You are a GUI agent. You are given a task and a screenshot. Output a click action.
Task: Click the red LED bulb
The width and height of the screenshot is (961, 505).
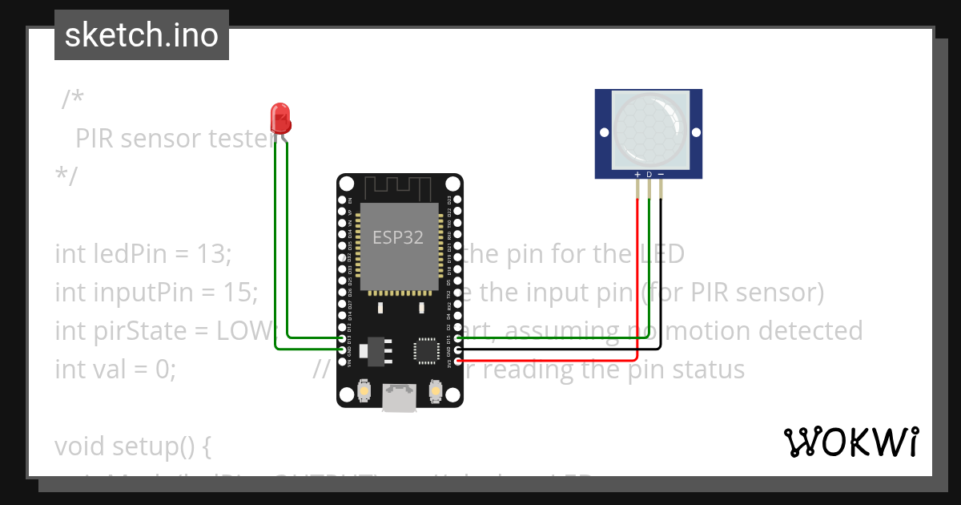click(280, 117)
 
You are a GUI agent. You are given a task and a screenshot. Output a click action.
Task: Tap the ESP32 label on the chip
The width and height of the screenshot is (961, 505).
click(398, 237)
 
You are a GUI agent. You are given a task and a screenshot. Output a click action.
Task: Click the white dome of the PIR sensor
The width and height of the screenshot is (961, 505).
click(649, 128)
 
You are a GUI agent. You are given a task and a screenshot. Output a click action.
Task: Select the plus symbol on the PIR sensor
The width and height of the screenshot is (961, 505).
click(637, 174)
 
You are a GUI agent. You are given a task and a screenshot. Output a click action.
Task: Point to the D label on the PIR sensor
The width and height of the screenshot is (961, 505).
click(649, 174)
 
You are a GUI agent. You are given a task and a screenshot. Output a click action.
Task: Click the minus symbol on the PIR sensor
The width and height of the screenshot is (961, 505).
click(661, 174)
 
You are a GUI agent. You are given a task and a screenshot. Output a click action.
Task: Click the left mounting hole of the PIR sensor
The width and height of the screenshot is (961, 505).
click(604, 132)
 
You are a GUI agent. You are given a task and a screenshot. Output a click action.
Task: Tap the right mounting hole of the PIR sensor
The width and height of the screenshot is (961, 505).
click(694, 132)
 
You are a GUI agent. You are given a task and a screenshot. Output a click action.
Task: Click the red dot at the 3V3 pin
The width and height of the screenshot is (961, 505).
click(458, 360)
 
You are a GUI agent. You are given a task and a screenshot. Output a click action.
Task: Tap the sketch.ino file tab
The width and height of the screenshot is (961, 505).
click(142, 35)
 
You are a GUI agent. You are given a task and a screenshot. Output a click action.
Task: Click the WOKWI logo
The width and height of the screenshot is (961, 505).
click(850, 442)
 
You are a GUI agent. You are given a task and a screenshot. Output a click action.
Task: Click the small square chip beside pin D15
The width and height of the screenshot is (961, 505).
click(425, 350)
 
